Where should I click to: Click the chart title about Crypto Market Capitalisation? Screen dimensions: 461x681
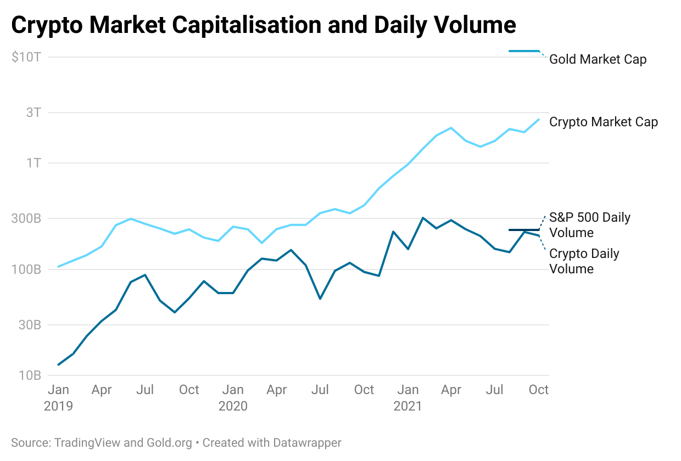click(x=264, y=25)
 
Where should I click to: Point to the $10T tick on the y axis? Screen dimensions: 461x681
click(x=26, y=57)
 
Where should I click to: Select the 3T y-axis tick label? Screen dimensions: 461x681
click(x=33, y=113)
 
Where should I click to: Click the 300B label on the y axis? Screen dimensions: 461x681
click(x=26, y=218)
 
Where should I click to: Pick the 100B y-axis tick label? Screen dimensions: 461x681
click(x=26, y=269)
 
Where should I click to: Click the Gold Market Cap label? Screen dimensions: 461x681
click(x=598, y=59)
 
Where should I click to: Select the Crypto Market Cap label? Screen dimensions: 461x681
click(x=603, y=122)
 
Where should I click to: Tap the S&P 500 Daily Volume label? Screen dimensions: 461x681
click(x=589, y=225)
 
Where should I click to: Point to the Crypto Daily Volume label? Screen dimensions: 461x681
click(x=584, y=261)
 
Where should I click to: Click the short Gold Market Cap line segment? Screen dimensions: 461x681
click(x=524, y=51)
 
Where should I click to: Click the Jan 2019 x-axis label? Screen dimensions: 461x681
click(x=58, y=398)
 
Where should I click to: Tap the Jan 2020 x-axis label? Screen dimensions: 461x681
click(x=233, y=398)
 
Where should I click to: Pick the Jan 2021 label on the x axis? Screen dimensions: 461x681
click(x=408, y=398)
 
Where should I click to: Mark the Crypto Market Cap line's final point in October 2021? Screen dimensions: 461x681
click(x=539, y=119)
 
